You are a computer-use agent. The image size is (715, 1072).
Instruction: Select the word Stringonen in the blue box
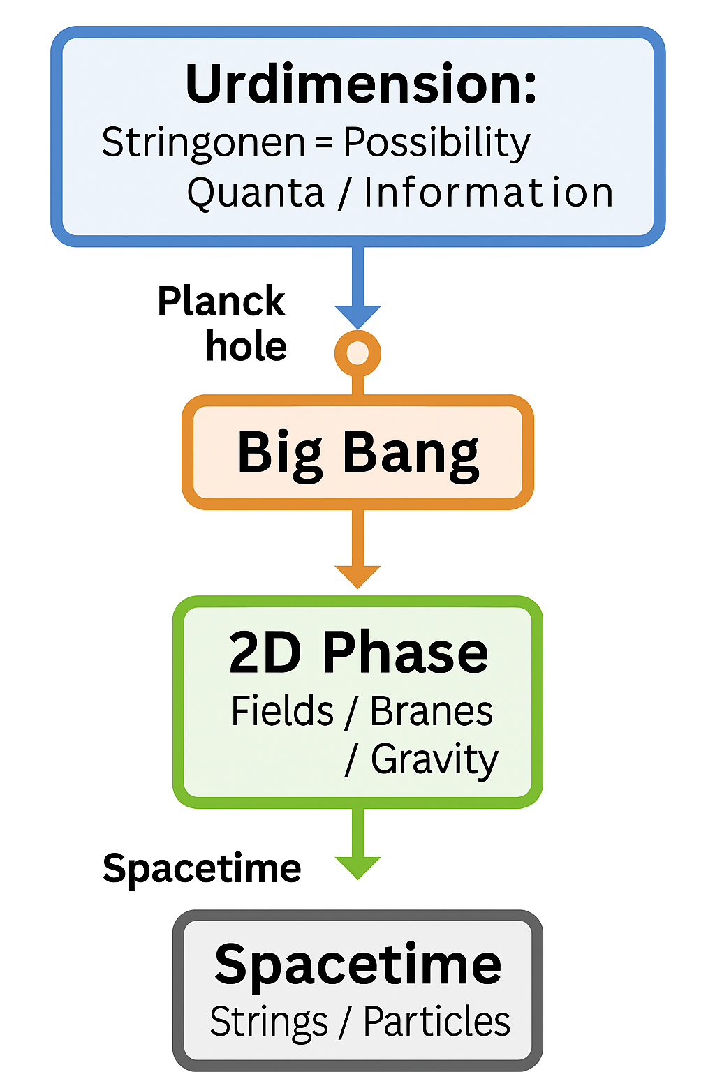[x=203, y=143]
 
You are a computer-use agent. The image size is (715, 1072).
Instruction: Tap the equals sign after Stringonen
[x=324, y=143]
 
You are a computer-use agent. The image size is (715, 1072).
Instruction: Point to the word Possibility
[x=437, y=143]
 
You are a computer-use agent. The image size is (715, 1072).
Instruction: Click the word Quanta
[x=256, y=193]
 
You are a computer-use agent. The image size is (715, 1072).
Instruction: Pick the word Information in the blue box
[x=488, y=193]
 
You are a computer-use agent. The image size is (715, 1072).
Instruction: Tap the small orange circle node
[x=357, y=353]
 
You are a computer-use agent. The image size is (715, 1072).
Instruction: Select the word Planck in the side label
[x=221, y=302]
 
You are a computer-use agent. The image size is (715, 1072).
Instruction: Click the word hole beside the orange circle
[x=246, y=346]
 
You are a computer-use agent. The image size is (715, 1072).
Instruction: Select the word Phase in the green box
[x=405, y=653]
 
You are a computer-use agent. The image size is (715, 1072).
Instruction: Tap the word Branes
[x=431, y=711]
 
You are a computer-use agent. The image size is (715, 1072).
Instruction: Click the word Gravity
[x=434, y=760]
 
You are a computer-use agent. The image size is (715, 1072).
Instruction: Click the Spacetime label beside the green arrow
[x=202, y=869]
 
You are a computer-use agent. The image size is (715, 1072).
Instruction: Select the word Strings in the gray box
[x=269, y=1022]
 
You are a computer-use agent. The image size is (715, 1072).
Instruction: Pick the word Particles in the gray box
[x=436, y=1022]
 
